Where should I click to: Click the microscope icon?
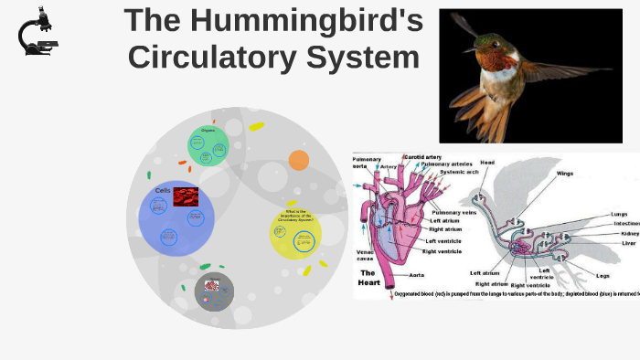[37, 33]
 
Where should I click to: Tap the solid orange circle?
[299, 161]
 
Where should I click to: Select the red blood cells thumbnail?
[187, 196]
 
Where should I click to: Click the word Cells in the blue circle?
[163, 190]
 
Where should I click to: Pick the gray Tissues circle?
[214, 291]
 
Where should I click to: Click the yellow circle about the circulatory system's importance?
[296, 233]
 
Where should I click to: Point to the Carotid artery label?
[424, 157]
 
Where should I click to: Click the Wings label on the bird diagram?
[566, 173]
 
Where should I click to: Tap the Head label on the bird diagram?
[487, 163]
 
